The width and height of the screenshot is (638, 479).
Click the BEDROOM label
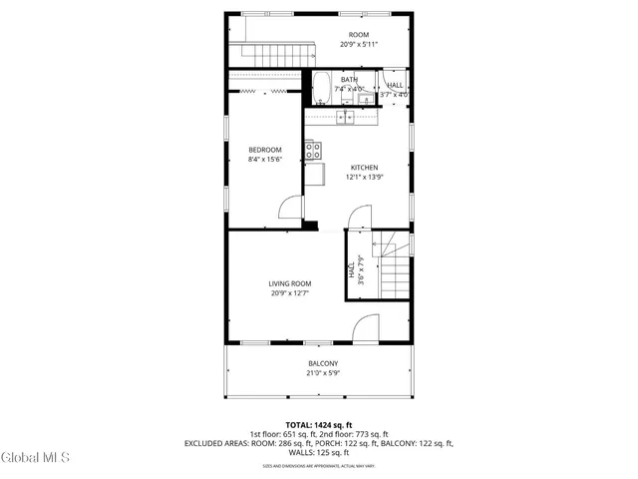(x=264, y=150)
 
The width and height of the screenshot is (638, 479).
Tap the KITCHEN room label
(x=363, y=167)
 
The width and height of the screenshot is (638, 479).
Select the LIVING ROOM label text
(x=290, y=283)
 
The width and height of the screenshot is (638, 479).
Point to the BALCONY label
(x=322, y=363)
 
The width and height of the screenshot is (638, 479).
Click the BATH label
(x=349, y=80)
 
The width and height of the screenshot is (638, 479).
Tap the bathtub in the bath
(x=323, y=90)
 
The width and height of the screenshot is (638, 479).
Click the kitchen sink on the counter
(x=346, y=118)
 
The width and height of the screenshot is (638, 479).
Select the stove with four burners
(x=313, y=151)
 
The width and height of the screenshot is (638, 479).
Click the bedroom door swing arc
(x=289, y=207)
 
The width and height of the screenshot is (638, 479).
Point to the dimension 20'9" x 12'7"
(x=290, y=293)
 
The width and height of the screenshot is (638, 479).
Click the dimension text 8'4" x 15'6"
(x=264, y=160)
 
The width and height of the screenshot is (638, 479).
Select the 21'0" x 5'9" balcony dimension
(x=322, y=373)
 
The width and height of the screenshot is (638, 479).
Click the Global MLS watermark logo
(x=36, y=457)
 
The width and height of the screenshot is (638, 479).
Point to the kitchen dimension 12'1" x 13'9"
(x=363, y=178)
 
